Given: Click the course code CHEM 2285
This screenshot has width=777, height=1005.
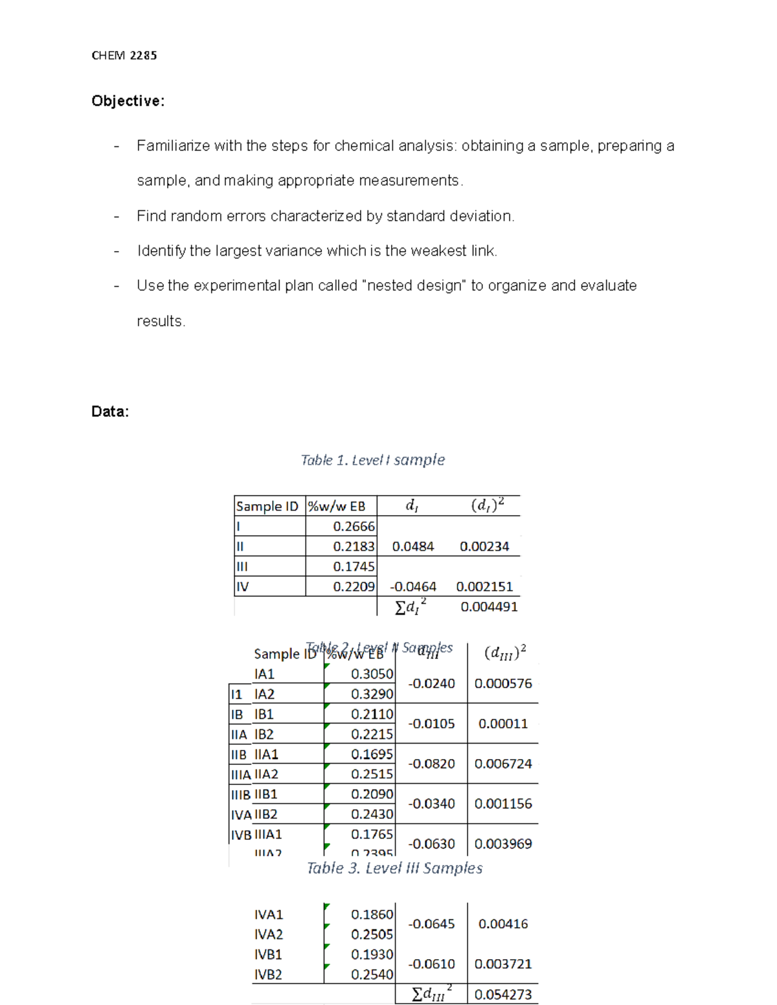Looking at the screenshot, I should (124, 56).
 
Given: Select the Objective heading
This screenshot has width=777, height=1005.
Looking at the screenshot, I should (128, 101).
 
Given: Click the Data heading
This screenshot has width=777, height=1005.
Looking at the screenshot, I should (110, 412).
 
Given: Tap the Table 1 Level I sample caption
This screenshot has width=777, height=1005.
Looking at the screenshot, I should (372, 460).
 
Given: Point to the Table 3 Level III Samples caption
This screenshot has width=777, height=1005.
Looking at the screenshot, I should (394, 868).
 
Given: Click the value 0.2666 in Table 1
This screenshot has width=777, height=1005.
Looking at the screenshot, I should (354, 526).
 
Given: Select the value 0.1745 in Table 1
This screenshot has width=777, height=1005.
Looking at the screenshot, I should (354, 566).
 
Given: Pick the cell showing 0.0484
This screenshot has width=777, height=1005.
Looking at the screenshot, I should (413, 546).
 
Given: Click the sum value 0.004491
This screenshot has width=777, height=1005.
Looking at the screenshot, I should (489, 606).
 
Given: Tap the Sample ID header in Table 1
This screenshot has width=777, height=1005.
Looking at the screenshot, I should (267, 506).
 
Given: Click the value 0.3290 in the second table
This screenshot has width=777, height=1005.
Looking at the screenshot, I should (372, 694).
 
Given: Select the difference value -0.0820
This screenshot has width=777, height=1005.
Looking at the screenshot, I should (431, 764).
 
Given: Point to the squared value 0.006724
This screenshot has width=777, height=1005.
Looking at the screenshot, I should (503, 764).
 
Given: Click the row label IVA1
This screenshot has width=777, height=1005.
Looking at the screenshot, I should (269, 914).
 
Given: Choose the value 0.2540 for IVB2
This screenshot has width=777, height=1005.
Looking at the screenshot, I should (372, 975).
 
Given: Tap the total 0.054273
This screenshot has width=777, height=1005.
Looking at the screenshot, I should (503, 995).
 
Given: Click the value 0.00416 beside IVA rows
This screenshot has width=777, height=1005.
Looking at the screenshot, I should (503, 923).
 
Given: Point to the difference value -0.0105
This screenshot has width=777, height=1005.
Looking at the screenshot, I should (431, 723).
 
